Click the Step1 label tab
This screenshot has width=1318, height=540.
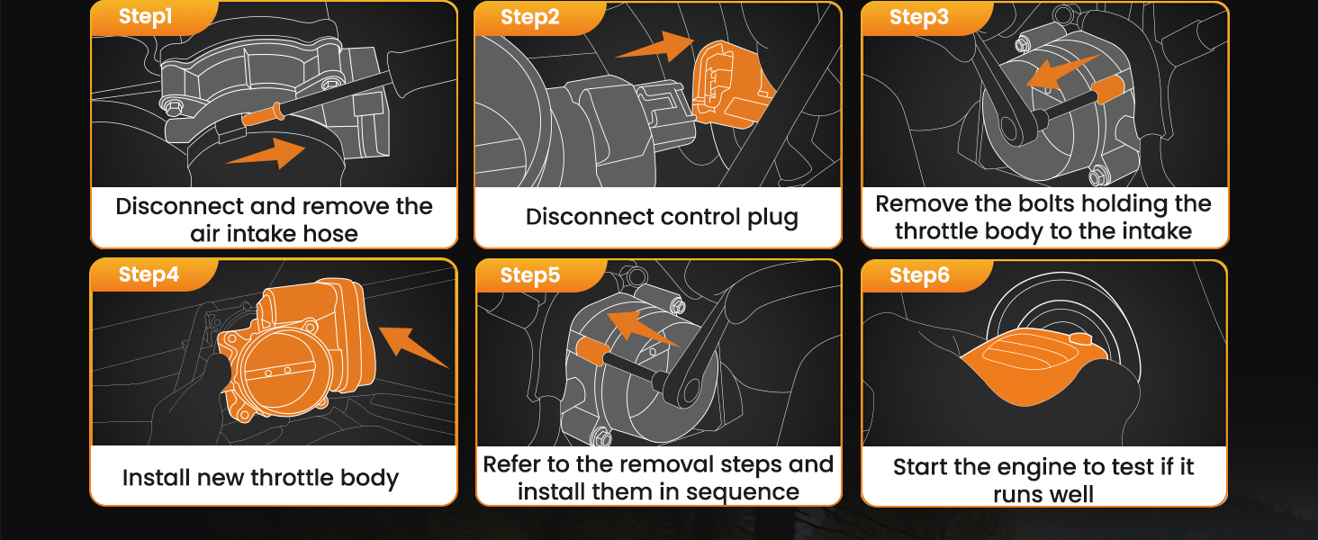145,18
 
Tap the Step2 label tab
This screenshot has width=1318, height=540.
529,18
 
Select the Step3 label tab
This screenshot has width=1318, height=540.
918,18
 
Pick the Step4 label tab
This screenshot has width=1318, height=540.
149,275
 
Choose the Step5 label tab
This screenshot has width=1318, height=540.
529,275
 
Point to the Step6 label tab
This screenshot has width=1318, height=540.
918,275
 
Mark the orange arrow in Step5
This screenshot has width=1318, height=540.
641,327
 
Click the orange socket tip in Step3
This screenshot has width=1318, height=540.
1106,90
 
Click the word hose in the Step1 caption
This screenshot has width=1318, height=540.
329,234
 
